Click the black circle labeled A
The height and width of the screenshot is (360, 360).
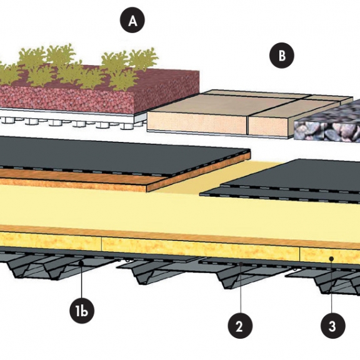tap(132, 21)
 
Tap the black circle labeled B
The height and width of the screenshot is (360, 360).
tap(282, 56)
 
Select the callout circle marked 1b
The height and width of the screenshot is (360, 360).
tap(82, 311)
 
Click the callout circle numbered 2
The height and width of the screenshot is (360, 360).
tap(240, 326)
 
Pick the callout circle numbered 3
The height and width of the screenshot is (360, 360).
tap(333, 326)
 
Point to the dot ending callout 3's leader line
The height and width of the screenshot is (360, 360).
tap(331, 259)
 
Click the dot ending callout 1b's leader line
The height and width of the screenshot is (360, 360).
tap(81, 263)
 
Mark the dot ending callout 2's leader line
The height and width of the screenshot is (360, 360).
tap(241, 264)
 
